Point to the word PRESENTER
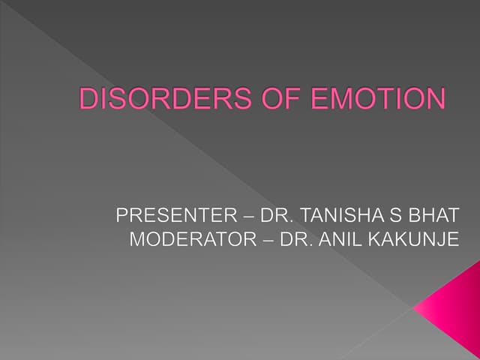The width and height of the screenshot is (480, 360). coord(175,217)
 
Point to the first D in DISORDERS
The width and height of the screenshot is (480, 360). coord(88,100)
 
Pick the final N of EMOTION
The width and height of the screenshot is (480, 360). coord(434,100)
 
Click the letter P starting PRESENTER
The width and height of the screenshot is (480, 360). coord(123,217)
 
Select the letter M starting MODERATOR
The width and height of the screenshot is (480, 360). coord(136,241)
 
